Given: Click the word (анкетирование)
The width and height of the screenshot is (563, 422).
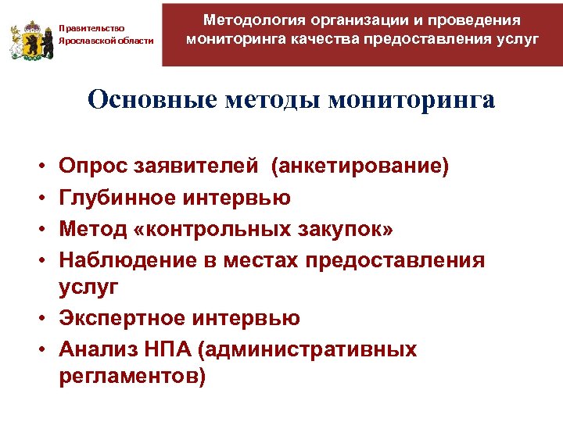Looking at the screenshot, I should coord(360,166).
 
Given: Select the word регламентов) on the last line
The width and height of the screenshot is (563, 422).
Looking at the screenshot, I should coord(131,377).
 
